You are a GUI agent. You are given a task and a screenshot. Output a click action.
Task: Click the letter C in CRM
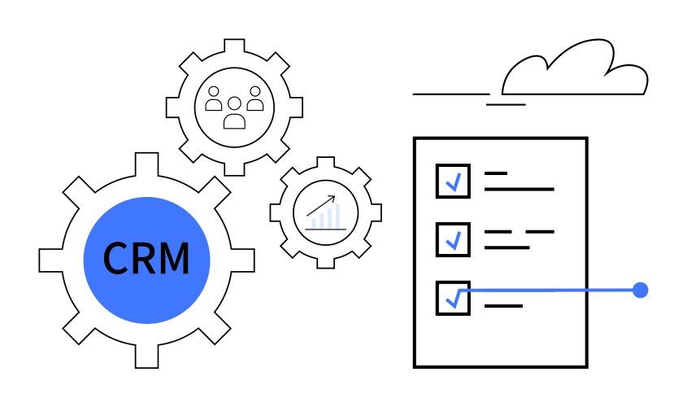pos(116,259)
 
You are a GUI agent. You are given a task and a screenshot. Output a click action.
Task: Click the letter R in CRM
pos(144,259)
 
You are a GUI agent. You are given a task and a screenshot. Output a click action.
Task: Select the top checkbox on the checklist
pos(452,180)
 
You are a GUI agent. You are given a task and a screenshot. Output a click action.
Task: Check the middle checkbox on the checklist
pos(452,238)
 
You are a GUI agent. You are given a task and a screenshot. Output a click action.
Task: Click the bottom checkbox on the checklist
pos(452,297)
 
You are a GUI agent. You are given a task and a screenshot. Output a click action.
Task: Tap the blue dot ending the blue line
pos(640,289)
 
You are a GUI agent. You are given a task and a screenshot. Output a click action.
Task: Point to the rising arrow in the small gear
pos(322,205)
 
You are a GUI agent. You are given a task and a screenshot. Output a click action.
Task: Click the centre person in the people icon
pos(234,114)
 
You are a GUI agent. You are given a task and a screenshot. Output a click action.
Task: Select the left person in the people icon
pos(214,99)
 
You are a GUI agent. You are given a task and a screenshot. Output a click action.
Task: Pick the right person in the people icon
pos(254,99)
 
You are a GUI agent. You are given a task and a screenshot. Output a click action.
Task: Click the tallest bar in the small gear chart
pos(335,213)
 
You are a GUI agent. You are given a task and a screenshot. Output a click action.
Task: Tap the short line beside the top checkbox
pos(496,173)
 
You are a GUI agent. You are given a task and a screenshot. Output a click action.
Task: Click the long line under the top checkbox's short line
pos(519,189)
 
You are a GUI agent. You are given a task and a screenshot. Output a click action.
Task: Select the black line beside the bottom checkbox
pos(503,306)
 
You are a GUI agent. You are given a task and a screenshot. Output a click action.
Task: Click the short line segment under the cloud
pos(506,104)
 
